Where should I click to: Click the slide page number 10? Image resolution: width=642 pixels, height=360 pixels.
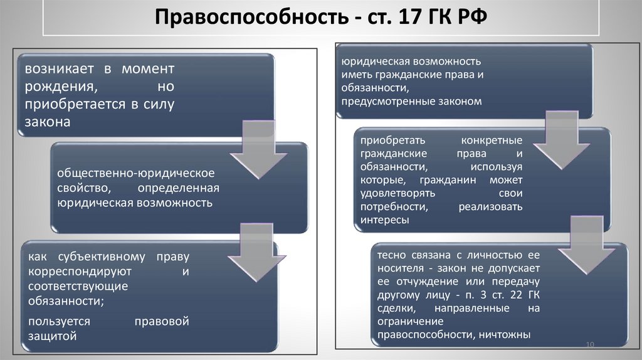tap(589, 344)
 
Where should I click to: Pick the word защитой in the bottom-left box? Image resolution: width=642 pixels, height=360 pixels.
tap(52, 336)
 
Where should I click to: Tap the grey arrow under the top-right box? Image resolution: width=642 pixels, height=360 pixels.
tap(552, 142)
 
